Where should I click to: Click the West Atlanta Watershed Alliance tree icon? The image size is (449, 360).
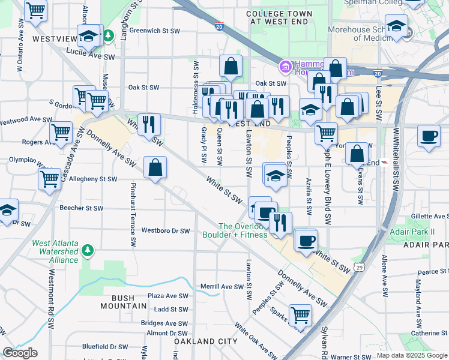(x=88, y=249)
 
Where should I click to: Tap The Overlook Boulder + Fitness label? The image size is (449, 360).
(x=243, y=230)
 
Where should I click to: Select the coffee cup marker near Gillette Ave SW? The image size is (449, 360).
(x=428, y=136)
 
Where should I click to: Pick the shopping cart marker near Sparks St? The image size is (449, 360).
(x=300, y=314)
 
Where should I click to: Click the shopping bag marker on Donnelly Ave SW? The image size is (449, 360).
(x=155, y=167)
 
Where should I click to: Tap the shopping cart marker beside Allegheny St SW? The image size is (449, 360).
(x=49, y=178)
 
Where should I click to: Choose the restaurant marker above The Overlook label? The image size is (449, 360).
(x=280, y=223)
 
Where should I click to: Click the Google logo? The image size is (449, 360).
(x=20, y=353)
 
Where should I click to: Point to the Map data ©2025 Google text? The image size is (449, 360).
(x=412, y=355)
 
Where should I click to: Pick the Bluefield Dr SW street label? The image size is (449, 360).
(x=105, y=346)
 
